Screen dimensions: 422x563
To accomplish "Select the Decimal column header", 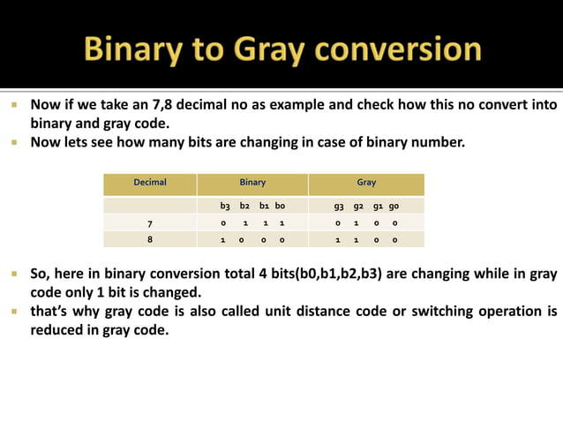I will click(150, 183).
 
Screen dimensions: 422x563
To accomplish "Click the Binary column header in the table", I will click(252, 183).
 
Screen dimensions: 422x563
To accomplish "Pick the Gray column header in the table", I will click(366, 183).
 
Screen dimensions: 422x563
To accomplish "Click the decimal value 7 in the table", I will click(150, 223).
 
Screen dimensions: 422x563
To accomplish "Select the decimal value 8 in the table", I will click(150, 239).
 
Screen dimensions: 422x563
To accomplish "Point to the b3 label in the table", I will click(225, 206).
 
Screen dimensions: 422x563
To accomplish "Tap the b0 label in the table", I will click(280, 206).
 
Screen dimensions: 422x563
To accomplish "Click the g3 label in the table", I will click(339, 206).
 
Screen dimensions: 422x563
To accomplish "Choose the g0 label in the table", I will click(394, 206).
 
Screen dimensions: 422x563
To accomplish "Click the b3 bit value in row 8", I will click(223, 239).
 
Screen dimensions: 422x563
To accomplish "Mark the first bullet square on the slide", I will click(15, 104).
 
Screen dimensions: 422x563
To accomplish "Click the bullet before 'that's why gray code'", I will click(15, 311).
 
